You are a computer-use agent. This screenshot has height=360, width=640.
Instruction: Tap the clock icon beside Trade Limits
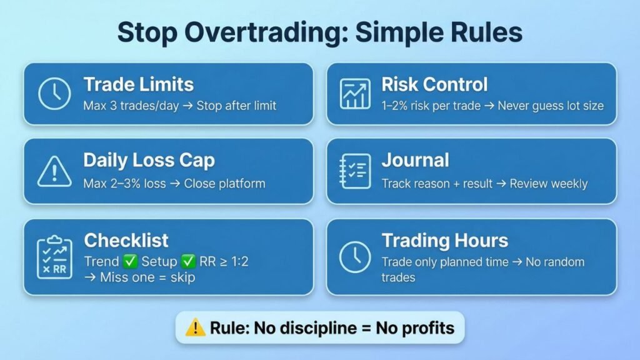click(54, 94)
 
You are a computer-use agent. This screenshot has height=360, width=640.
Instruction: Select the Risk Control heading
click(434, 84)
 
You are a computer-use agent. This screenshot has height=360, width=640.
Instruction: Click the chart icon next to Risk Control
click(355, 94)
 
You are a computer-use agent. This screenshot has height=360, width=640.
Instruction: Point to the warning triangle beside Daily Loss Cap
click(54, 171)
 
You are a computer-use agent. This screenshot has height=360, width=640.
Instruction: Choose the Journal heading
click(415, 160)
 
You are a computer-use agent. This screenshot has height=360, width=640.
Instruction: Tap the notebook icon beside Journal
click(355, 171)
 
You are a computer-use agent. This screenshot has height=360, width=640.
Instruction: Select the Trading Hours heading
click(444, 241)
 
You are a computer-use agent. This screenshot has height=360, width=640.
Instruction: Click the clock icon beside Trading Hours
click(355, 256)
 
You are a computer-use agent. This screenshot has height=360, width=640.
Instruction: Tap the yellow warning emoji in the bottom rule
click(196, 327)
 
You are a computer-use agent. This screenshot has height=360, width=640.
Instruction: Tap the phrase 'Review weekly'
click(548, 183)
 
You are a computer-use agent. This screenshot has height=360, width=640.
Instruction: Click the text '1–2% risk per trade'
click(431, 105)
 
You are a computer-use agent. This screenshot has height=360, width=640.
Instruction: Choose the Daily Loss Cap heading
click(149, 160)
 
